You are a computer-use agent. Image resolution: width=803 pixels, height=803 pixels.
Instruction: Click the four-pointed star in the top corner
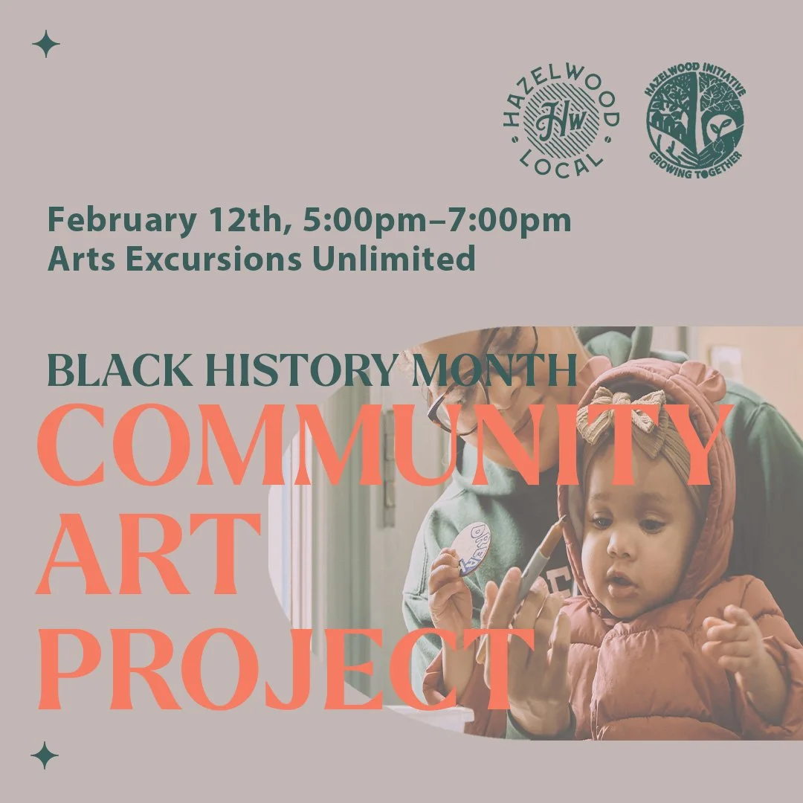tap(45, 45)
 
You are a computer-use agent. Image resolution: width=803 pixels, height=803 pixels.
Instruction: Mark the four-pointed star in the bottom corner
tap(45, 756)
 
